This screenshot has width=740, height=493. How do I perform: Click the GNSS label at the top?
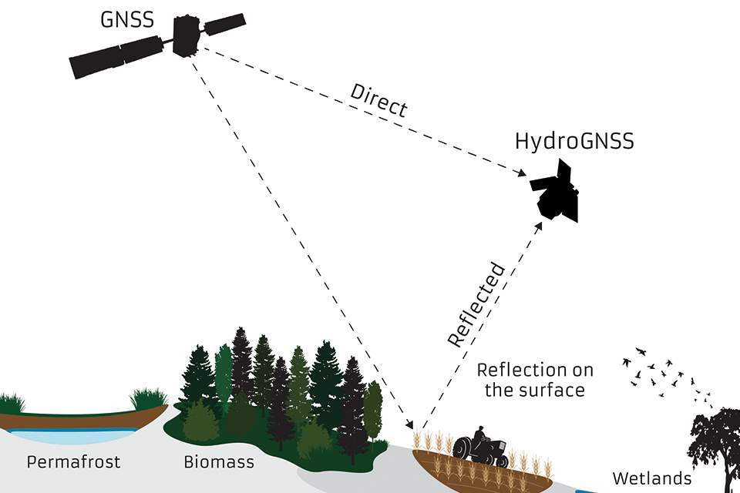pyautogui.click(x=127, y=18)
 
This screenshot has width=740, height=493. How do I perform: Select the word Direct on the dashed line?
pyautogui.click(x=378, y=99)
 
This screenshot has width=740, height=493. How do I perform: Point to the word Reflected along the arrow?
pyautogui.click(x=476, y=305)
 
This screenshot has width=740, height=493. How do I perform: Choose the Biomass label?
pyautogui.click(x=219, y=463)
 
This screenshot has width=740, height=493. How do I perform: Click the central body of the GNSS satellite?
pyautogui.click(x=186, y=35)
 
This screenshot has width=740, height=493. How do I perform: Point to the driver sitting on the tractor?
pyautogui.click(x=479, y=437)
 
